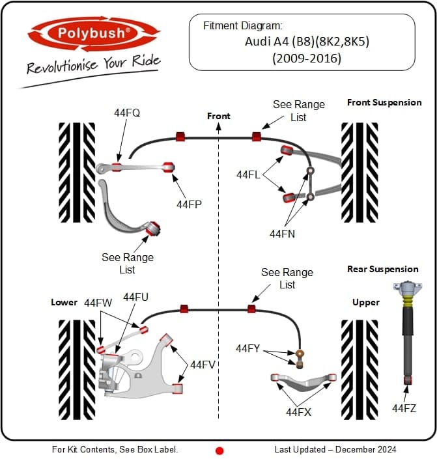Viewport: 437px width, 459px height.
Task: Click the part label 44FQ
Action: [x=126, y=113]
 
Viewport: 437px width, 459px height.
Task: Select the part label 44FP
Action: [x=189, y=204]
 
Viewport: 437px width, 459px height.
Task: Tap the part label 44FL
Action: [x=248, y=174]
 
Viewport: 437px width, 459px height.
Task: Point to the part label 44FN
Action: [x=283, y=233]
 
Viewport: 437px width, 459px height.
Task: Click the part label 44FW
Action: [x=98, y=303]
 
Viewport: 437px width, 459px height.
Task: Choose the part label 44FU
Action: [x=135, y=297]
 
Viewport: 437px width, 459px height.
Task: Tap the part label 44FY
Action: [x=247, y=349]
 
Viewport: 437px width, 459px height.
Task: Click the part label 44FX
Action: [x=298, y=411]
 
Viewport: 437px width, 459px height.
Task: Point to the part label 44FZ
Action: [x=404, y=408]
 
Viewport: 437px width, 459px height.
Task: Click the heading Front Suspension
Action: [x=384, y=102]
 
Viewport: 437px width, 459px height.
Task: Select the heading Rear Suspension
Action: [x=383, y=269]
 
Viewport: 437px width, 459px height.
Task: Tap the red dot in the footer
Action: [x=219, y=450]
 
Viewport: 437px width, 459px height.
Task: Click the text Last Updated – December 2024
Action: [x=335, y=449]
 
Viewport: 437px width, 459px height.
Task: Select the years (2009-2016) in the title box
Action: [x=302, y=59]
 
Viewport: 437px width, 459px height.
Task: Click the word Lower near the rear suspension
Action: [x=64, y=303]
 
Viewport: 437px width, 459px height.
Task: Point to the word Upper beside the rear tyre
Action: [x=365, y=303]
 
